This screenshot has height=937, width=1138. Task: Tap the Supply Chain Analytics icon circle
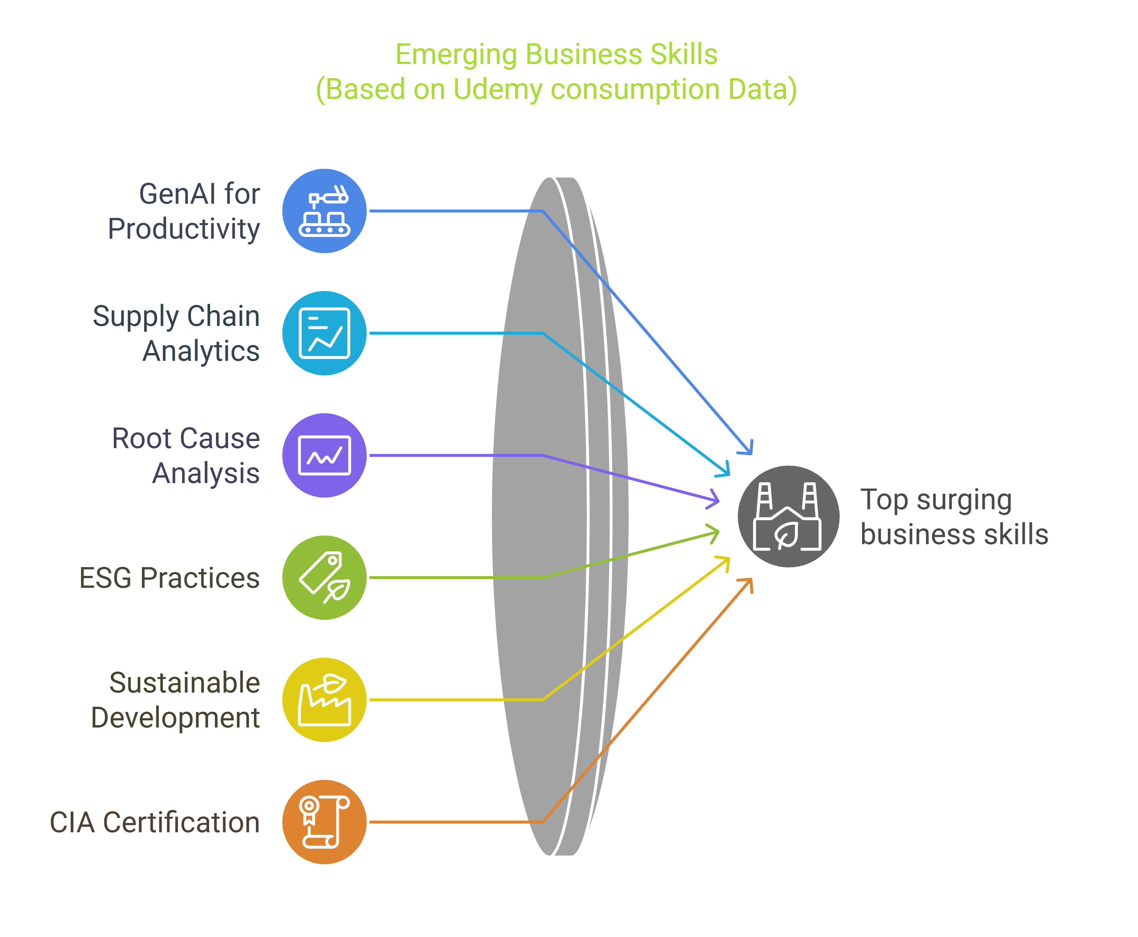point(324,333)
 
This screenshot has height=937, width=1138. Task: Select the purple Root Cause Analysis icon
point(324,455)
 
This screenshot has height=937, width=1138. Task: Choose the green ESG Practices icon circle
point(324,577)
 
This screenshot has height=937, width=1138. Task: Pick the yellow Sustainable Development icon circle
point(324,699)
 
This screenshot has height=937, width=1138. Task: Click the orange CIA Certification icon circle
point(324,822)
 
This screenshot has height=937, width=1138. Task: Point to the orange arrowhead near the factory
point(748,583)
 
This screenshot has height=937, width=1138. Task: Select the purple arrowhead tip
point(716,500)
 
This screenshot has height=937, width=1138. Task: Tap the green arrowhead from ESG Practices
point(716,532)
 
